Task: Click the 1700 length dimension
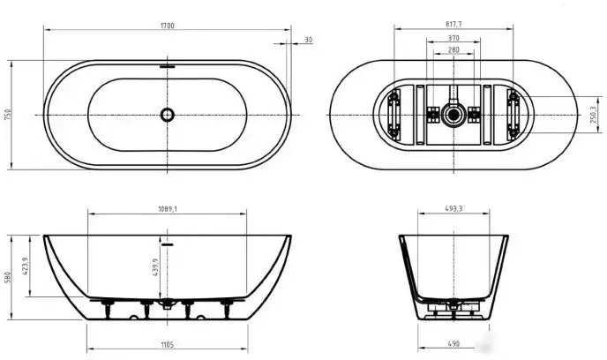point(168,26)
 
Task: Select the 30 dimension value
point(308,40)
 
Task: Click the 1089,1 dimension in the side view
point(168,209)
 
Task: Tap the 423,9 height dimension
point(27,266)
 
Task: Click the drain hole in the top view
point(167,115)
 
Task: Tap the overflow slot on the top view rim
point(167,64)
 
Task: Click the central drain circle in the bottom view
point(453,115)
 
